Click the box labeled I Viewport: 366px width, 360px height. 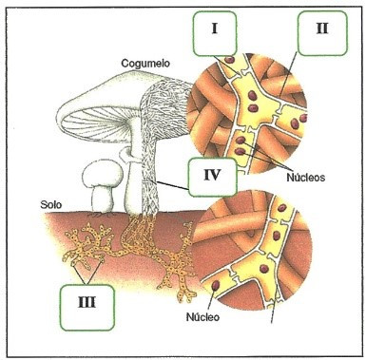tap(215, 33)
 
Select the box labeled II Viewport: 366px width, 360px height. tap(322, 33)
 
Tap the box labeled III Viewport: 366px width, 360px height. tap(87, 308)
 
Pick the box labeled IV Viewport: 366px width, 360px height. tap(212, 177)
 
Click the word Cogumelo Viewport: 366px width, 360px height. tap(145, 64)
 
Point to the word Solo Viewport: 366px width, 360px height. tap(50, 204)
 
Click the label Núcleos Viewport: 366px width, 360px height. tap(306, 178)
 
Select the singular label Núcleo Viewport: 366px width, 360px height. tap(202, 316)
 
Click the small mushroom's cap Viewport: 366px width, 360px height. tap(103, 174)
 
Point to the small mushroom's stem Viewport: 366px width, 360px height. tap(102, 199)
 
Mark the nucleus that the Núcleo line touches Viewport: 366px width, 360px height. tap(216, 286)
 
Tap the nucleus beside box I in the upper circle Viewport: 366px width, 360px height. tap(229, 60)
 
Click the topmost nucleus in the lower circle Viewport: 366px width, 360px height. tap(281, 208)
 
